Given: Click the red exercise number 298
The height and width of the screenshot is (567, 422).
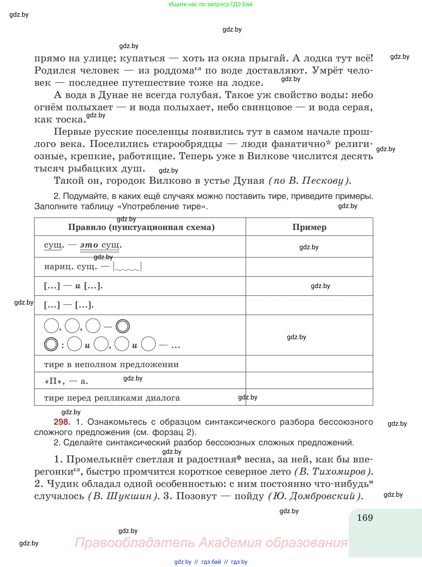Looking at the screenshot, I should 62,422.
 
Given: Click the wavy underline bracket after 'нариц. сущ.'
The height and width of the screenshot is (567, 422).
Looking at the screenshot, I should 127,267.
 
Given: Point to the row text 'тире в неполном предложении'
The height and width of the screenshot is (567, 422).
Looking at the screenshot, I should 111,364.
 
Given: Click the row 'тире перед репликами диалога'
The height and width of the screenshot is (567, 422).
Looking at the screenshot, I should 112,398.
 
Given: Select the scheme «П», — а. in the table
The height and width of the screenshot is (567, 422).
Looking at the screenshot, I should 66,381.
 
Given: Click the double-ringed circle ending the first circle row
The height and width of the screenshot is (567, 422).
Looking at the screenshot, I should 123,326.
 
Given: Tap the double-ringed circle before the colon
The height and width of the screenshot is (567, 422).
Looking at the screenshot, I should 51,344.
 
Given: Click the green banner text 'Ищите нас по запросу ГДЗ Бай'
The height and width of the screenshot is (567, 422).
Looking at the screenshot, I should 210,4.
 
